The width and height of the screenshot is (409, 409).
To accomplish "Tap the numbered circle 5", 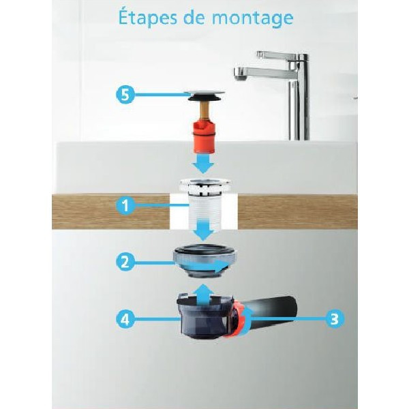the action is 125,95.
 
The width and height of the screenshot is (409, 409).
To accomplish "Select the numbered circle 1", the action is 125,205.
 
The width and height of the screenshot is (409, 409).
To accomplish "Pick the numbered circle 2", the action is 125,262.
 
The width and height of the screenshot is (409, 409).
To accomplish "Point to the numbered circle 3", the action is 335,318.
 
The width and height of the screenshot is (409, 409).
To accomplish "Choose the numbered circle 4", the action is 125,319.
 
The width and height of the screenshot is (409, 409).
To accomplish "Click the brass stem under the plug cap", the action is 204,112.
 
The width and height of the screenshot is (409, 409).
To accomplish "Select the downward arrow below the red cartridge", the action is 203,164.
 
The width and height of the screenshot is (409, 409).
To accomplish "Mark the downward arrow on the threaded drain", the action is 204,230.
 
